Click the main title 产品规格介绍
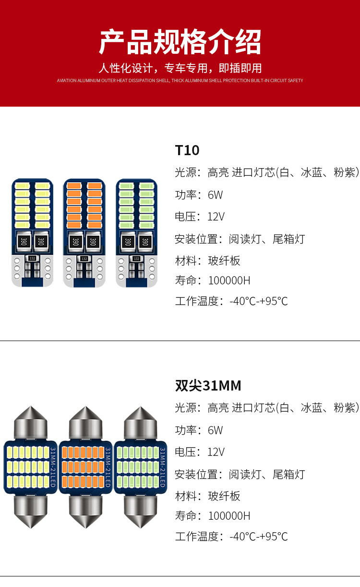click(180, 42)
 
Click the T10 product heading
click(187, 150)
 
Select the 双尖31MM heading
click(208, 386)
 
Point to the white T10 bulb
click(33, 233)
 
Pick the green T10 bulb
click(137, 233)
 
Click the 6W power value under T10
click(215, 195)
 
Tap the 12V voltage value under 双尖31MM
click(216, 452)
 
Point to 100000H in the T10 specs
click(229, 281)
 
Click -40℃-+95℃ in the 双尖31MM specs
click(259, 537)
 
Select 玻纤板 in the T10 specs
click(224, 261)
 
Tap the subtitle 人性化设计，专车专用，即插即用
click(180, 68)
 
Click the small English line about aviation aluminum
click(180, 81)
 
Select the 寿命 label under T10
click(186, 281)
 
